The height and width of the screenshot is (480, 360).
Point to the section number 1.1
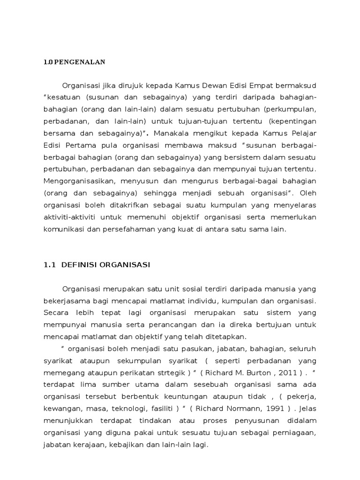pyautogui.click(x=49, y=265)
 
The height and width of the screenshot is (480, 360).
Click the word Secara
pyautogui.click(x=56, y=313)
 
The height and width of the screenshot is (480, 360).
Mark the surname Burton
pyautogui.click(x=256, y=373)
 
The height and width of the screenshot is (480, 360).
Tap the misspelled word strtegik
pyautogui.click(x=170, y=373)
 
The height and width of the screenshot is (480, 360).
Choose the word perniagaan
pyautogui.click(x=295, y=433)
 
